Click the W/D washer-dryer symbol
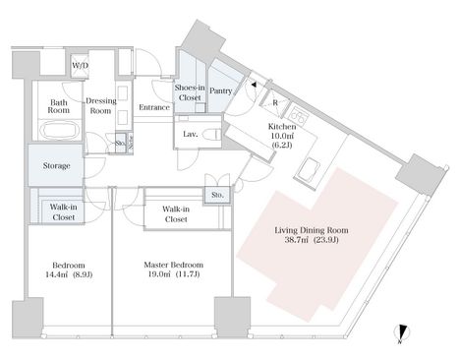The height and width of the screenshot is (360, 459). pyautogui.click(x=80, y=66)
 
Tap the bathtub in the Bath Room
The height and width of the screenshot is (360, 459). pyautogui.click(x=60, y=131)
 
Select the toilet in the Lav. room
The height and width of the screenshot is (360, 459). pyautogui.click(x=210, y=134)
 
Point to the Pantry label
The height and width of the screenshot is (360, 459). pyautogui.click(x=221, y=90)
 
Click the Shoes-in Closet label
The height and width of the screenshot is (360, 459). pyautogui.click(x=190, y=92)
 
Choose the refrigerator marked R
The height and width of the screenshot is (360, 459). pyautogui.click(x=274, y=103)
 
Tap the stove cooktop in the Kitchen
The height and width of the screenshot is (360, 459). pyautogui.click(x=298, y=115)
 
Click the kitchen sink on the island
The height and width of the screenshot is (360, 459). pyautogui.click(x=309, y=169)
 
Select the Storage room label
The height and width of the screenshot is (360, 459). pyautogui.click(x=57, y=166)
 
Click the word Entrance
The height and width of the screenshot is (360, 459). pyautogui.click(x=154, y=107)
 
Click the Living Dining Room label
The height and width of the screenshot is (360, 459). pyautogui.click(x=312, y=230)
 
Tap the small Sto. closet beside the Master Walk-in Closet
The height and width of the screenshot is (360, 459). pyautogui.click(x=217, y=195)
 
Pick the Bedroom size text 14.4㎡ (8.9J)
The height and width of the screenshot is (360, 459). pyautogui.click(x=69, y=274)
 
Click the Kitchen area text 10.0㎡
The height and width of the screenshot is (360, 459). pyautogui.click(x=281, y=136)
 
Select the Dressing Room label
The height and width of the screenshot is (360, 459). pyautogui.click(x=101, y=106)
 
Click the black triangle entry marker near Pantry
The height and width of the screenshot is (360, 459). pyautogui.click(x=254, y=85)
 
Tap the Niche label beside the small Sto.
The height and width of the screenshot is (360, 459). pyautogui.click(x=130, y=143)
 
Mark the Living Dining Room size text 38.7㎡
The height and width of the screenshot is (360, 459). pyautogui.click(x=297, y=240)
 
